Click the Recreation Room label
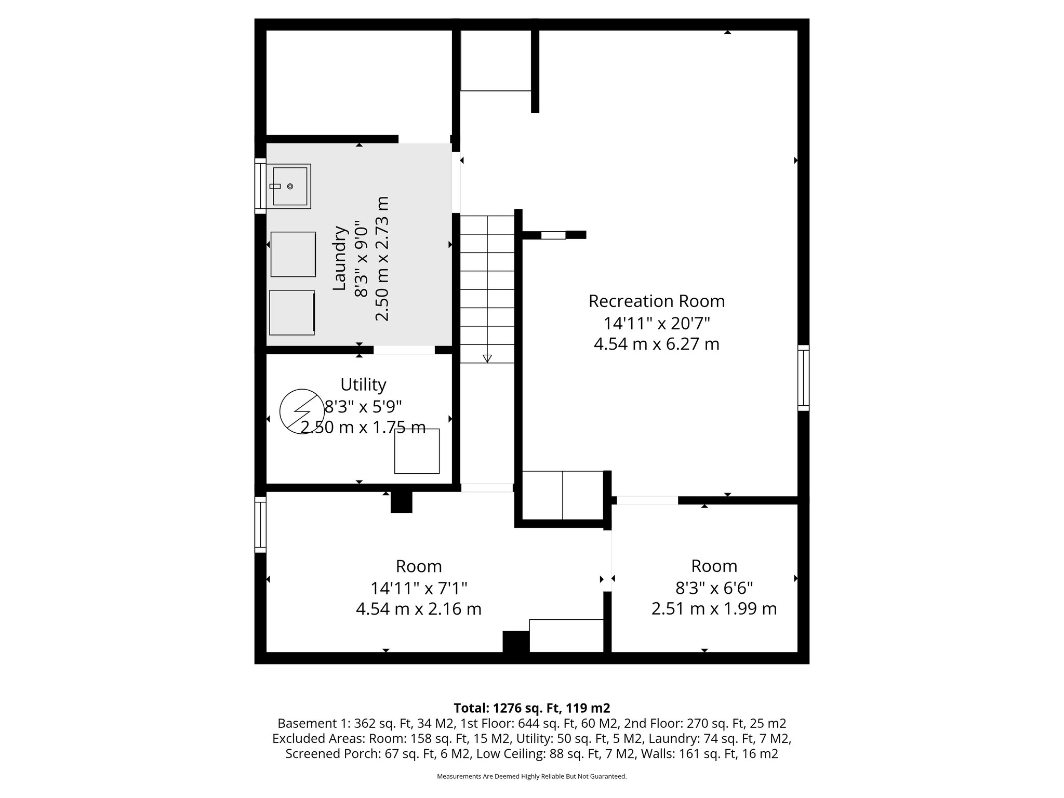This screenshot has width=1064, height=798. coord(656,301)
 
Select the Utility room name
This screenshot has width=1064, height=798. coord(363,384)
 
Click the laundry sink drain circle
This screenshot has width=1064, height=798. coord(290,186)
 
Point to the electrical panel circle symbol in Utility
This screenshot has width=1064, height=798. coord(300,411)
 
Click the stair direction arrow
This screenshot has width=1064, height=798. coord(487,358)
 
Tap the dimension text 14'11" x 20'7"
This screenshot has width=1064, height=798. coord(656,323)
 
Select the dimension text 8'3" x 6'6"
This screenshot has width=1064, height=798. coord(714,588)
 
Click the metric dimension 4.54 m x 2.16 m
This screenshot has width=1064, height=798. coord(418,608)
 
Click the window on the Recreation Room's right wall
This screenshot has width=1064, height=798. coord(803,378)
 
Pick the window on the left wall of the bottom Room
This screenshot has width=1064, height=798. coord(260,524)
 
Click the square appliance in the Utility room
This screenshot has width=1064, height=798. coord(417,451)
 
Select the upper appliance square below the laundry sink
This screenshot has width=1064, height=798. coord(293,254)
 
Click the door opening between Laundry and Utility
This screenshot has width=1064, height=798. coord(404,350)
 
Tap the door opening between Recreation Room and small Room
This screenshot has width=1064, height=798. coord(647,500)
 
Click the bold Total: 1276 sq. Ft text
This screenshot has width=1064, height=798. coord(531,708)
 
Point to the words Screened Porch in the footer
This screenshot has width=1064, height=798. coord(326,754)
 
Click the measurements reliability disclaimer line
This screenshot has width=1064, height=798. coord(531,776)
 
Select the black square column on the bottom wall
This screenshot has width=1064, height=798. coord(515,642)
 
